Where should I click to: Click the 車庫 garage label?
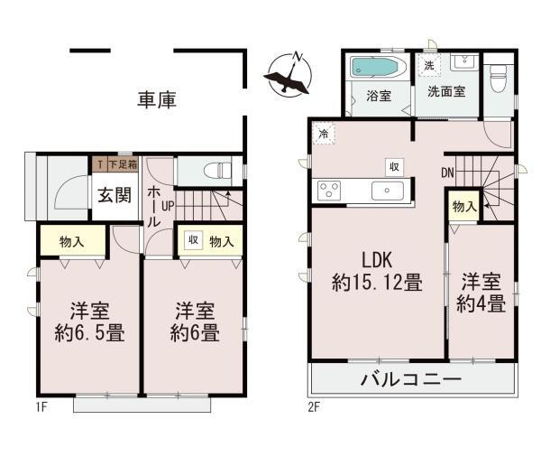click(x=157, y=100)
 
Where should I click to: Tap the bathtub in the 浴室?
click(x=379, y=68)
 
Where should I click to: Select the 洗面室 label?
click(x=446, y=91)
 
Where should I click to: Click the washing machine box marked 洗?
click(x=429, y=65)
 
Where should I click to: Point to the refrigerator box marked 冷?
click(x=324, y=133)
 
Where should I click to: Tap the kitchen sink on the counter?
click(x=388, y=191)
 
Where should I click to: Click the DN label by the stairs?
click(x=447, y=172)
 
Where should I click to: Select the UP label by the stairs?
click(x=168, y=207)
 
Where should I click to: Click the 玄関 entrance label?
click(x=115, y=195)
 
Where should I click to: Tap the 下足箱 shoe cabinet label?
click(x=124, y=164)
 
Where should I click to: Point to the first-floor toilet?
click(x=217, y=171)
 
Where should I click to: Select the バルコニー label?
click(x=411, y=379)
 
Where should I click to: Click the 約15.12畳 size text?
click(x=377, y=283)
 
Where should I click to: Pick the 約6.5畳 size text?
click(x=89, y=333)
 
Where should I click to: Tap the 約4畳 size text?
click(x=481, y=303)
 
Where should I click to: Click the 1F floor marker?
click(x=41, y=407)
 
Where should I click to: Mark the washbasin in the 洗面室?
click(x=464, y=62)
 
